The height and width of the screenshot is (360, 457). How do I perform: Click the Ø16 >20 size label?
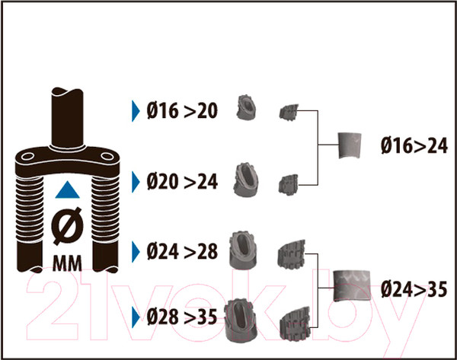[182, 111]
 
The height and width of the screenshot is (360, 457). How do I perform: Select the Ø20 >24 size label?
[182, 181]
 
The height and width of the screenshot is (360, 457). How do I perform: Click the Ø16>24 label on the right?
[412, 145]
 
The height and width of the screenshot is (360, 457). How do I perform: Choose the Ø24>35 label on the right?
[412, 288]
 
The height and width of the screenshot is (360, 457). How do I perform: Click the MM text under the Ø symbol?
[67, 265]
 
